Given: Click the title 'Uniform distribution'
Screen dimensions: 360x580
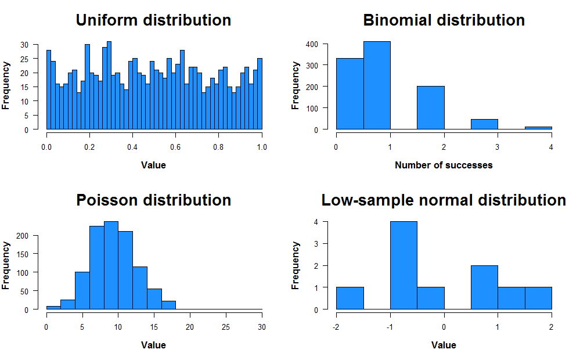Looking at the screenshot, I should pyautogui.click(x=153, y=20).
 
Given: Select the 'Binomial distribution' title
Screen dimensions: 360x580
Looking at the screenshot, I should pyautogui.click(x=444, y=20).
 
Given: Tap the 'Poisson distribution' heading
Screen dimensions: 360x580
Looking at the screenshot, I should pyautogui.click(x=153, y=200).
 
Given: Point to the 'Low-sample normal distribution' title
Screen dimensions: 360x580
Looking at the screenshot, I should pyautogui.click(x=444, y=200).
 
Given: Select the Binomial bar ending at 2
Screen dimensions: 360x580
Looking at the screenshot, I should pyautogui.click(x=431, y=107).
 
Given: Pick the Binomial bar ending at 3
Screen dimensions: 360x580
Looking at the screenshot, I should pyautogui.click(x=485, y=124).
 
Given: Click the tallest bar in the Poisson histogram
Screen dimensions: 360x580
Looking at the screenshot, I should pyautogui.click(x=111, y=265).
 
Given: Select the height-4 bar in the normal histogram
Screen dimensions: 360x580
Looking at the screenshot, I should pyautogui.click(x=404, y=265).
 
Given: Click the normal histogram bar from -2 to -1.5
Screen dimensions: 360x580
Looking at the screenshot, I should pyautogui.click(x=350, y=298).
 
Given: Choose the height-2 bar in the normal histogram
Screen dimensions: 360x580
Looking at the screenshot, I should pyautogui.click(x=484, y=287).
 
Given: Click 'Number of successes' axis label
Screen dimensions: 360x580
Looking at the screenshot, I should pyautogui.click(x=444, y=165).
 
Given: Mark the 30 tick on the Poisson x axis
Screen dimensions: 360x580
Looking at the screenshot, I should pyautogui.click(x=262, y=327).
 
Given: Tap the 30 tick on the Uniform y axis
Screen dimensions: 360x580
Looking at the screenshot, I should pyautogui.click(x=24, y=44).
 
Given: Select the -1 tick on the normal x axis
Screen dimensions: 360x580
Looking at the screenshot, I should pyautogui.click(x=390, y=327).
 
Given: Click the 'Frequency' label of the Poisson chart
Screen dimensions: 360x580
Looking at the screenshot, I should pyautogui.click(x=6, y=265).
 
